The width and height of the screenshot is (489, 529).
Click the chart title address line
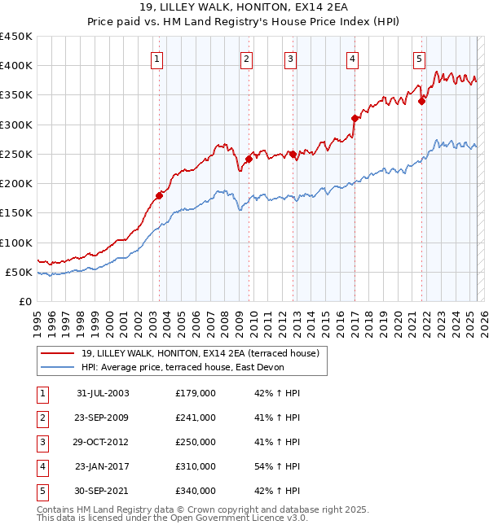tap(244, 9)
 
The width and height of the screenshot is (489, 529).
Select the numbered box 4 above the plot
tap(352, 58)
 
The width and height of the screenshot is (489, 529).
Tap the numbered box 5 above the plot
tap(419, 58)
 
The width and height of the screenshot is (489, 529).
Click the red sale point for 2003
tap(160, 195)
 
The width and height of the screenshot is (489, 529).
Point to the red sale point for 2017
tap(355, 118)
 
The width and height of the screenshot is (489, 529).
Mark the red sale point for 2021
tap(422, 101)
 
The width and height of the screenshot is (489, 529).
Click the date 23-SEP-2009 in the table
tap(103, 418)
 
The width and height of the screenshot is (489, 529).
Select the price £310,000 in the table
tap(196, 466)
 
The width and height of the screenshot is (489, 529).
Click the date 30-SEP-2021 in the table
tap(103, 491)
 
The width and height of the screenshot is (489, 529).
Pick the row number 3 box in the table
tap(42, 442)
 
